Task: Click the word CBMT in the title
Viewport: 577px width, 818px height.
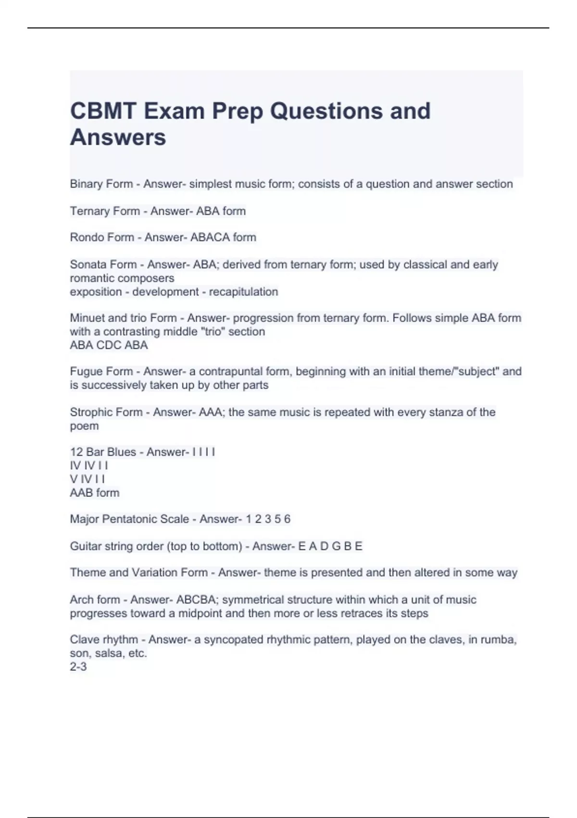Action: (x=101, y=111)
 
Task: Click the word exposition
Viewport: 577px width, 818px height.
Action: (x=96, y=292)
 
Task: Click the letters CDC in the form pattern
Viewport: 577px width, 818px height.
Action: (x=109, y=345)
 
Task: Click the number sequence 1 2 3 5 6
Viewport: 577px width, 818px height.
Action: (x=268, y=519)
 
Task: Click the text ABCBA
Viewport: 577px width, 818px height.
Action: (x=196, y=600)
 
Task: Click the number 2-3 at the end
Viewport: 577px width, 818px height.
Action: (x=78, y=666)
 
